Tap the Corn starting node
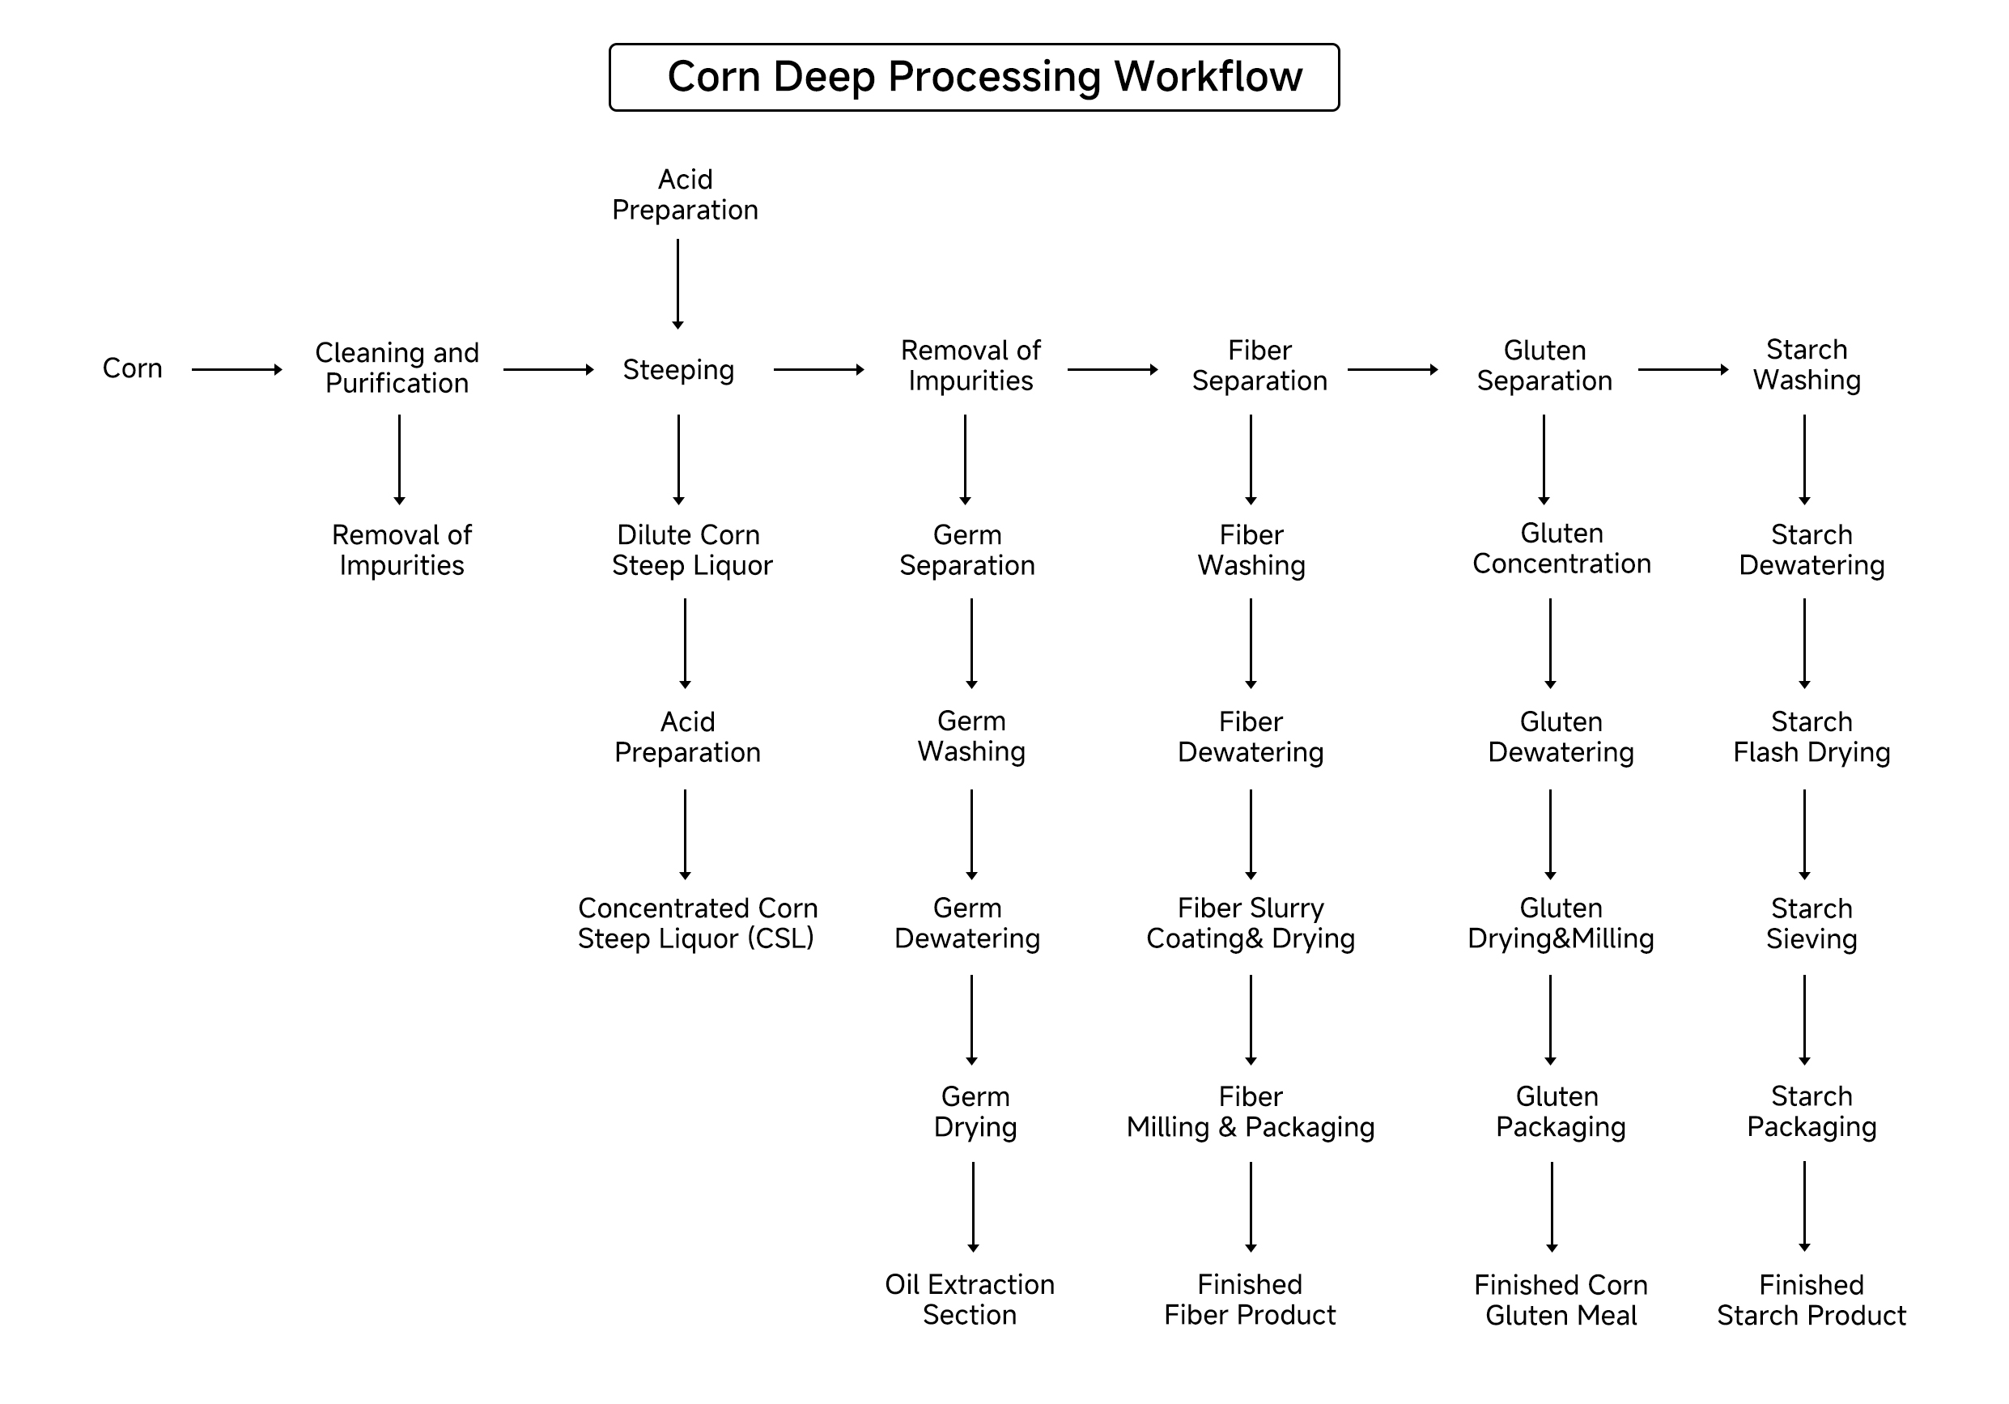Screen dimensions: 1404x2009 pos(132,368)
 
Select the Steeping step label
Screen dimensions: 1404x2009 pos(678,370)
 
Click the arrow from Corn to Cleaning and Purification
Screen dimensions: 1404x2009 pos(236,370)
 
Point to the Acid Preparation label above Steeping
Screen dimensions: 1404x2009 pos(685,194)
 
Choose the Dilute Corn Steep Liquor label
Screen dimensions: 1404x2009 pos(691,550)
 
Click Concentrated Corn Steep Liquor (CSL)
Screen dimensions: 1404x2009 pos(696,924)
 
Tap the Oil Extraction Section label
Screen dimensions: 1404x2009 pos(970,1299)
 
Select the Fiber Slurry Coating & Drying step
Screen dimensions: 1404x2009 pos(1251,924)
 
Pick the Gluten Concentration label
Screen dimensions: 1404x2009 pos(1561,549)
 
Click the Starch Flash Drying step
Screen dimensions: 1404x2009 pos(1811,737)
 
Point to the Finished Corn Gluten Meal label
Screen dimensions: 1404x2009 pos(1561,1300)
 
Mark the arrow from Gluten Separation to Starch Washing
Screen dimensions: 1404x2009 pos(1683,370)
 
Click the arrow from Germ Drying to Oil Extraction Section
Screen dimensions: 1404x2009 pos(973,1206)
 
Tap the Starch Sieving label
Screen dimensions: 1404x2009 pos(1811,924)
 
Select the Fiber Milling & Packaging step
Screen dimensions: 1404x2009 pos(1251,1112)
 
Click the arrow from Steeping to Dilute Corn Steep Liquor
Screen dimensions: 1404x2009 pos(678,460)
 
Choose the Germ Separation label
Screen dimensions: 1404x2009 pos(967,550)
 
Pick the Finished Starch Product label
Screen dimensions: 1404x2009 pos(1811,1300)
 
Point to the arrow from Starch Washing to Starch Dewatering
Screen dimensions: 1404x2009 pos(1804,460)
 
